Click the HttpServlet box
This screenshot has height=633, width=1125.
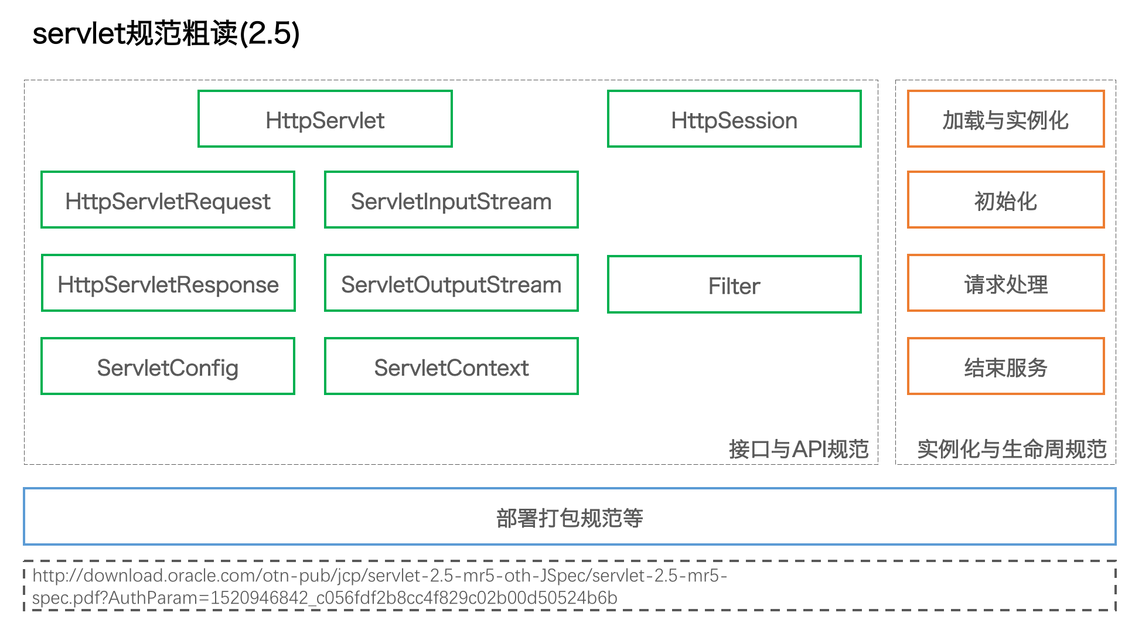(x=325, y=119)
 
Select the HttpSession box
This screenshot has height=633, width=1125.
(x=734, y=119)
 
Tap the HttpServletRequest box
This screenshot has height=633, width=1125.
(x=168, y=200)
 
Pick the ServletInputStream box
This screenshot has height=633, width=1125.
(x=451, y=200)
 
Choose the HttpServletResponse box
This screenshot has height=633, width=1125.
(x=168, y=283)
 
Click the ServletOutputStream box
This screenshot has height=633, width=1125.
(x=451, y=283)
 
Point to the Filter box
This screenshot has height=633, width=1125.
(x=734, y=284)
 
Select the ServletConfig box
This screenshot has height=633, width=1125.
(x=168, y=366)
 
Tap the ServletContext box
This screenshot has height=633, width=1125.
(x=451, y=366)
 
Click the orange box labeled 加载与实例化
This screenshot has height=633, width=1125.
(x=1005, y=119)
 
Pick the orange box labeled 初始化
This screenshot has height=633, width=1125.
(x=1005, y=200)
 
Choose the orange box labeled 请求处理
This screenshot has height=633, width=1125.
(x=1005, y=283)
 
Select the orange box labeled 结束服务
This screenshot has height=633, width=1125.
(x=1005, y=366)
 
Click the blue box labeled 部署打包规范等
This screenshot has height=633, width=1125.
(x=570, y=516)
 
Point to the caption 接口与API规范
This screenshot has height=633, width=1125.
(x=799, y=449)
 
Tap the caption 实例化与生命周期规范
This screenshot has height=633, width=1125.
(x=1012, y=449)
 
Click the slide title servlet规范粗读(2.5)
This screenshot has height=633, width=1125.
(x=166, y=33)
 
